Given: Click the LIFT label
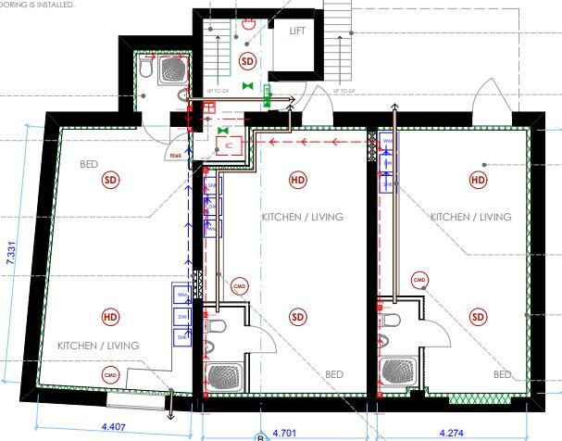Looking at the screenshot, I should [297, 31].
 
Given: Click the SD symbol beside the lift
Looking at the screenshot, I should [246, 61].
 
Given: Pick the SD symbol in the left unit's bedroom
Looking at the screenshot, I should [111, 179].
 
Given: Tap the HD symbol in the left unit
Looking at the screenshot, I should [111, 317].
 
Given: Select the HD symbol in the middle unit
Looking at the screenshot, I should [298, 179].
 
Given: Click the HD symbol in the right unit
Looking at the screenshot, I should [478, 179].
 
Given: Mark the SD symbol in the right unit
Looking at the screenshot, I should [478, 317].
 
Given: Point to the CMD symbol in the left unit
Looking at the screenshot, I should [111, 374].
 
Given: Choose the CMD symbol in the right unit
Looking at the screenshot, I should [418, 280].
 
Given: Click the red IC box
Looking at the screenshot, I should [228, 145].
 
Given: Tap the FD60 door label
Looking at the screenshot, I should [176, 156].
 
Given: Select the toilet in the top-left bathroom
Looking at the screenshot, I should [147, 67].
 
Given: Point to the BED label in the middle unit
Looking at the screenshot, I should [333, 374].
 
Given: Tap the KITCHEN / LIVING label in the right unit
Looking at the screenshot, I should [470, 217].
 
